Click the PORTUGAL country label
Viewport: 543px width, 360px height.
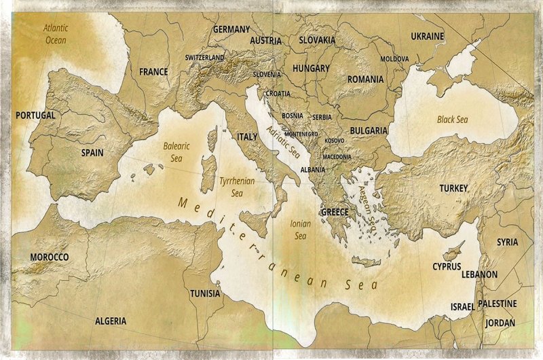[x=35, y=115]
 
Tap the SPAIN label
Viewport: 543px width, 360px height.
[x=92, y=153]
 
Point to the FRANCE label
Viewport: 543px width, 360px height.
[x=153, y=71]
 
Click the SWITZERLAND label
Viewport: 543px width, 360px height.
[x=204, y=58]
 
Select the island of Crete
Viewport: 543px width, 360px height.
[x=366, y=262]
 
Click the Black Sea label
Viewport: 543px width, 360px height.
[x=453, y=120]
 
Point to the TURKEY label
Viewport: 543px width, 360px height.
[x=453, y=188]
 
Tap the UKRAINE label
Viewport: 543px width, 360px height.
[x=427, y=36]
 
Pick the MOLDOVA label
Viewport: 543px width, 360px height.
[x=394, y=59]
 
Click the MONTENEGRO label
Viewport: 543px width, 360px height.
[x=301, y=134]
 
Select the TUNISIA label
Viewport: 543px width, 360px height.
[x=205, y=293]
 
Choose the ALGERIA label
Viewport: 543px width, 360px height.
[x=111, y=320]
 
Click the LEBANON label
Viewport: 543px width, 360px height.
[x=479, y=274]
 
